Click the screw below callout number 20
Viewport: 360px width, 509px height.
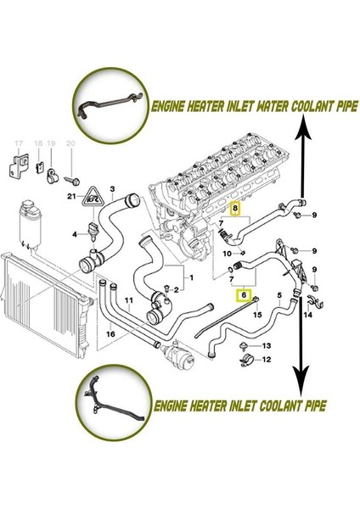point(71,181)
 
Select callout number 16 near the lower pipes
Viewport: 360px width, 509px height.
point(110,335)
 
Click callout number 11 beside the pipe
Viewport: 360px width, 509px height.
point(129,301)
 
